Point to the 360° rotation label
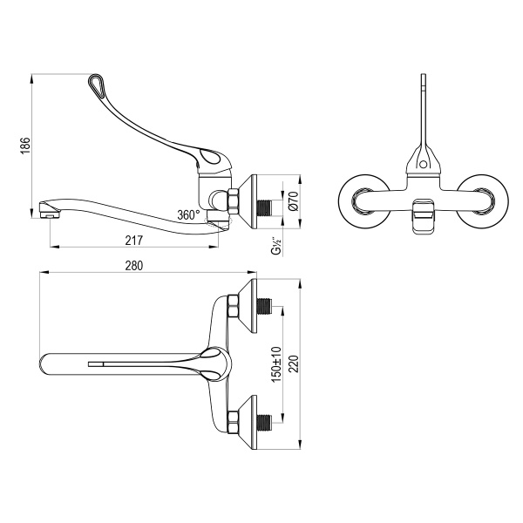point(187,214)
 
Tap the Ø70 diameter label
point(294,202)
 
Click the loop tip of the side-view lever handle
point(96,84)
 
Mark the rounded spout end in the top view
point(49,362)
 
